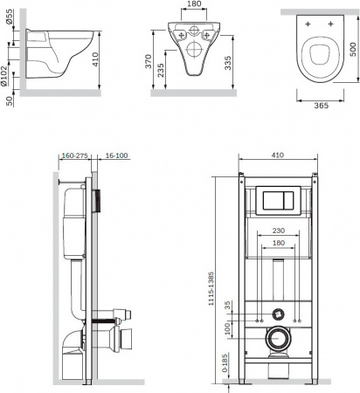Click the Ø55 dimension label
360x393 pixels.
10,17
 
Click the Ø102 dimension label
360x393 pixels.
3,76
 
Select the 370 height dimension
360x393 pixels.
149,61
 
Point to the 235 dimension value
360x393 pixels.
161,70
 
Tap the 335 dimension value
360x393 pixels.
228,63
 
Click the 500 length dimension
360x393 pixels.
353,50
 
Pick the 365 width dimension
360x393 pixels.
321,106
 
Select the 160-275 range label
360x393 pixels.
74,155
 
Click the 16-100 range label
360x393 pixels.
116,155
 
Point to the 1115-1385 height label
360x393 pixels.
211,288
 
